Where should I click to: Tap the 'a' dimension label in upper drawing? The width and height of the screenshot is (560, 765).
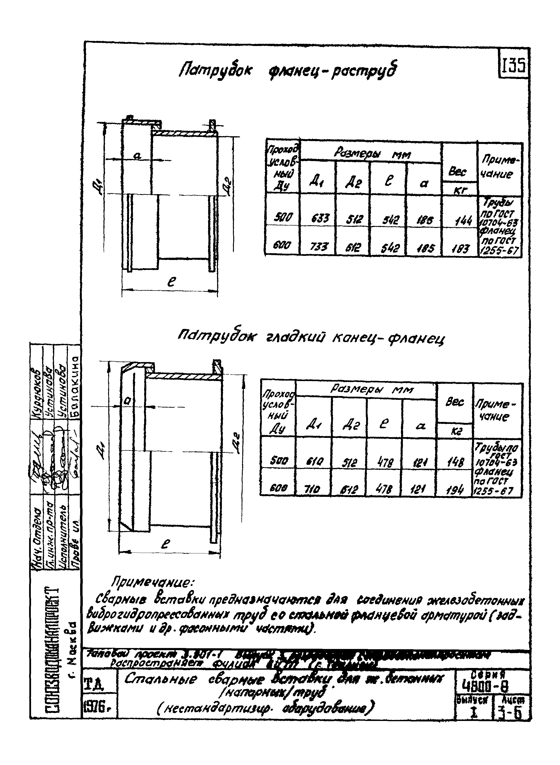coord(137,156)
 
